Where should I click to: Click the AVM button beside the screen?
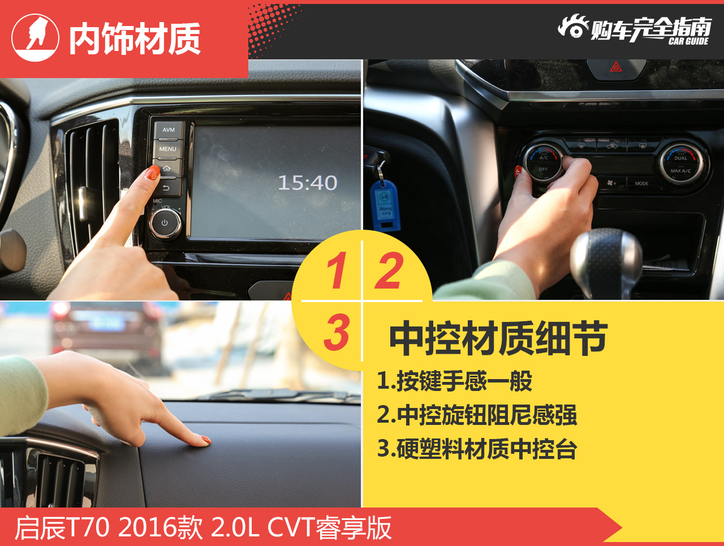coord(169,130)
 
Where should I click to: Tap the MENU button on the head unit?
coord(167,149)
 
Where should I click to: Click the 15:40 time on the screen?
coord(307,183)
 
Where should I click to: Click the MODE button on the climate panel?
coord(641,183)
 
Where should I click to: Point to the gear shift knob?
coord(606,257)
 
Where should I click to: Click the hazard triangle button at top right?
coord(615,67)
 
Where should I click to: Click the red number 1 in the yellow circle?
coord(337,271)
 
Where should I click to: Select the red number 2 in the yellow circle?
coord(389,271)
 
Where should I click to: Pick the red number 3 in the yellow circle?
coord(337,332)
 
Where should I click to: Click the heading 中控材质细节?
coord(498,339)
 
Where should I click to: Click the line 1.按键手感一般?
coord(455,381)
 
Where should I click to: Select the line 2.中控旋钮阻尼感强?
coord(477,415)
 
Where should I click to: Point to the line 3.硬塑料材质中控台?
coord(477,449)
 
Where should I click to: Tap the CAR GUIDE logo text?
coord(688,41)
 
